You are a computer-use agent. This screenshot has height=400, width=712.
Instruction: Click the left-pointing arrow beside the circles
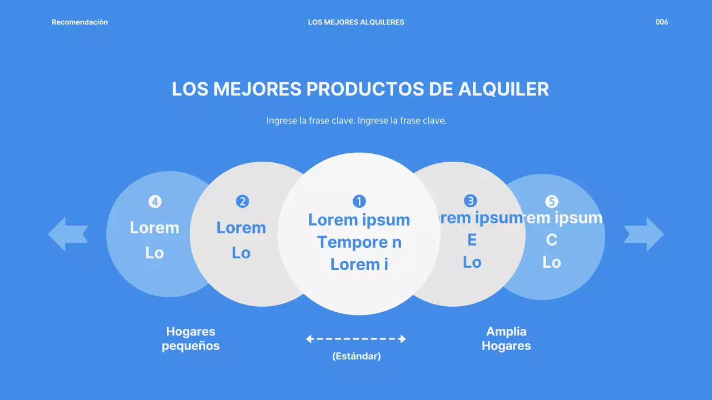(x=68, y=234)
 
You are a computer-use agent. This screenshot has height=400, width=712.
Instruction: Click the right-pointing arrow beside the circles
(x=644, y=234)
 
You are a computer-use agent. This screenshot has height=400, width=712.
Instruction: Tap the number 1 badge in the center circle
(x=359, y=201)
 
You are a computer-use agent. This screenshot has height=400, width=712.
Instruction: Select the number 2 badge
(x=242, y=201)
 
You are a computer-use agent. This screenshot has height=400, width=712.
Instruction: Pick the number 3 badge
(x=471, y=201)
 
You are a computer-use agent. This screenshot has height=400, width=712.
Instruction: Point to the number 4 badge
(x=155, y=201)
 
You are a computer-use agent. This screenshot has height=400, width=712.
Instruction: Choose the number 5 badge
(x=551, y=201)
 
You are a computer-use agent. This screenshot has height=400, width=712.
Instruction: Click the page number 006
(x=661, y=22)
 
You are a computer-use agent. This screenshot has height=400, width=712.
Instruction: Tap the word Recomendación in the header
(x=80, y=22)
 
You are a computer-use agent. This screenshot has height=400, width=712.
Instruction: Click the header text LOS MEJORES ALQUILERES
(x=356, y=22)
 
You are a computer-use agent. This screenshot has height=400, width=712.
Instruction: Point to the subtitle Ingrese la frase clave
(x=356, y=121)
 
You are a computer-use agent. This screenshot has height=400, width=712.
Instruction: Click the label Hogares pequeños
(x=191, y=338)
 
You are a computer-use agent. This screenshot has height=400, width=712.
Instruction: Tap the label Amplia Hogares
(x=506, y=338)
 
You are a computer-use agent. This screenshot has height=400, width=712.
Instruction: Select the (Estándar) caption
(x=356, y=356)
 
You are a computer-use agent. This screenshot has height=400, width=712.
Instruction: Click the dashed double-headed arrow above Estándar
(x=356, y=339)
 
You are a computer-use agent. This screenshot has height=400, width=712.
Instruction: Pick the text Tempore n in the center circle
(x=359, y=242)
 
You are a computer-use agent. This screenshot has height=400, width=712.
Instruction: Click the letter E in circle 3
(x=472, y=240)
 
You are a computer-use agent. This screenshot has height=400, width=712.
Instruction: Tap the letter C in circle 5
(x=551, y=240)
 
